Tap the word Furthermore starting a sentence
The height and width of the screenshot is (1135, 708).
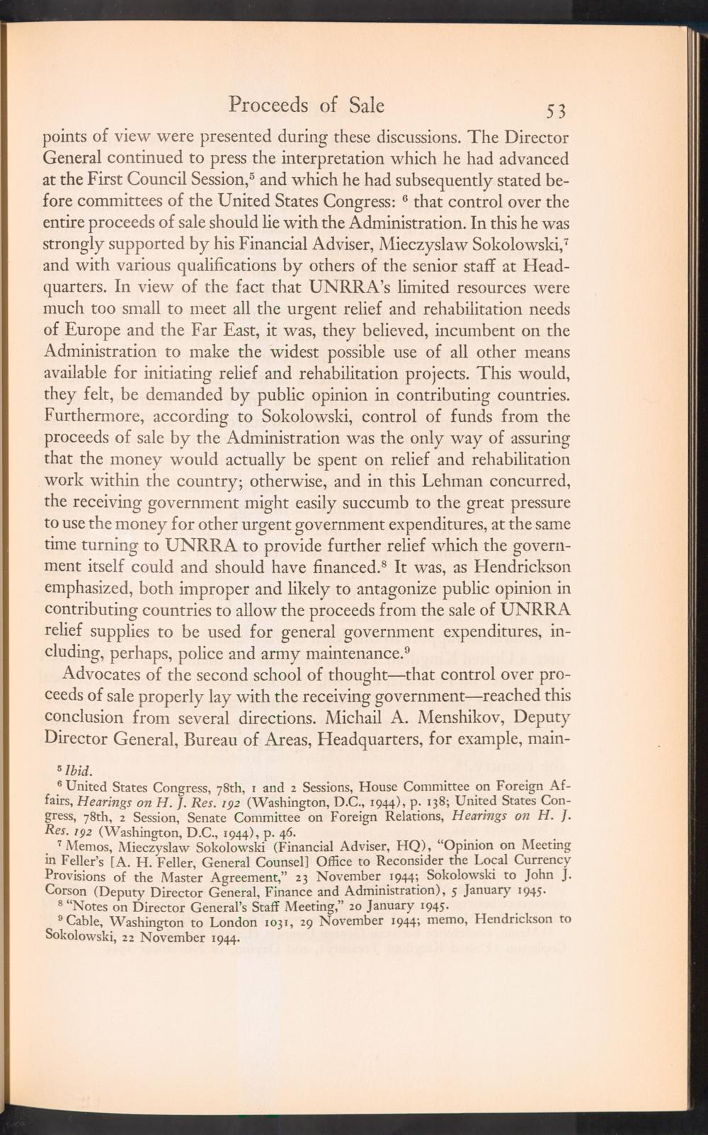pyautogui.click(x=96, y=416)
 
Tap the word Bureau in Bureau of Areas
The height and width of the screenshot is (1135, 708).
pyautogui.click(x=197, y=741)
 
